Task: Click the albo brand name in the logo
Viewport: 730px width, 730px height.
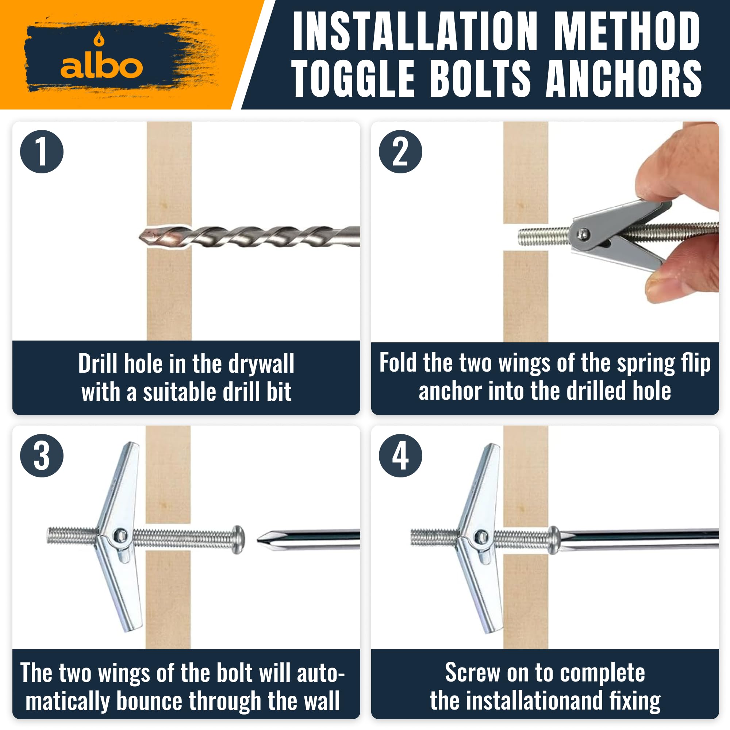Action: coord(101,67)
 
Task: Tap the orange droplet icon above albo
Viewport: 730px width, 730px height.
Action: coord(99,38)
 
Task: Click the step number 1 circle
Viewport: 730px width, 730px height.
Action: coord(42,152)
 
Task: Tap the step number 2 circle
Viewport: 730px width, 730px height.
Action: coord(400,152)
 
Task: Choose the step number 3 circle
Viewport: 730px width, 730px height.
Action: coord(42,456)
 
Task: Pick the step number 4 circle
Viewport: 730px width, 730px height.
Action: coord(400,456)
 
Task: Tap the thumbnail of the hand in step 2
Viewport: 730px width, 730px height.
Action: coord(659,288)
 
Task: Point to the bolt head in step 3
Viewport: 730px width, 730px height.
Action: coord(238,539)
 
